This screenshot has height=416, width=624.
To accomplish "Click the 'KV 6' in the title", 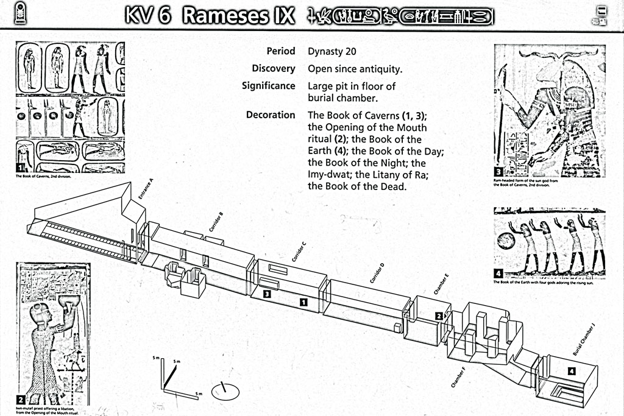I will click(x=147, y=15).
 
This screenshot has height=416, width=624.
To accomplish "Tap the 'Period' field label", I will click(x=280, y=51).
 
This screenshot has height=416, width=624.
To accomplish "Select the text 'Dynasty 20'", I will click(x=333, y=52).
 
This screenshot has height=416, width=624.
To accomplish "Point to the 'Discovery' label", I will click(x=273, y=69).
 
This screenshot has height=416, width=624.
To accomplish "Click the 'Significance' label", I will click(x=268, y=86).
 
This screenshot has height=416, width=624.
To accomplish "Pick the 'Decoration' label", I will click(x=271, y=115).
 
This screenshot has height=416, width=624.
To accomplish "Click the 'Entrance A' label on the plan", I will click(x=146, y=189).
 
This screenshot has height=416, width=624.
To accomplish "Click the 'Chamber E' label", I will click(x=442, y=284).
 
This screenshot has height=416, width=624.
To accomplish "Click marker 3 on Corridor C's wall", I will click(x=267, y=294).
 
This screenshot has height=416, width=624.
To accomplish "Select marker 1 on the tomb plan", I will click(x=303, y=301).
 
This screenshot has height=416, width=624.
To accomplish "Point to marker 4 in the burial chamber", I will click(x=571, y=372).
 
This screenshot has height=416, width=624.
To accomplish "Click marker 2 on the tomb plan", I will click(x=439, y=316).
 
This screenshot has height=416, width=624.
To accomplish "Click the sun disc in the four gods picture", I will click(x=506, y=241).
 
